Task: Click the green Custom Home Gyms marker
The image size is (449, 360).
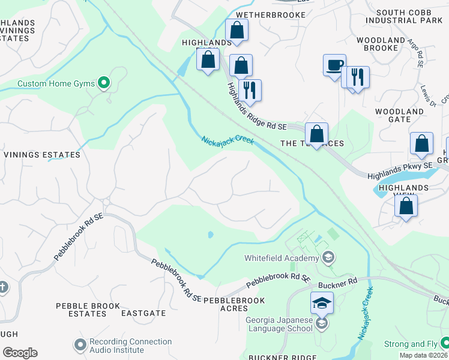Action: point(104,83)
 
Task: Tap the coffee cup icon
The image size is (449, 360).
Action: point(334,65)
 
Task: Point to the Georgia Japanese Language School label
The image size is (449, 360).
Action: point(280,325)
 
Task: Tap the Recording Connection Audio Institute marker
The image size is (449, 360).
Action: point(80,346)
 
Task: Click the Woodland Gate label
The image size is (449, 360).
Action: point(399,116)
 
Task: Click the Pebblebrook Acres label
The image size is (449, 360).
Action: point(234,304)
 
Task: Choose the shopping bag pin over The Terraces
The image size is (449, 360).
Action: point(316,133)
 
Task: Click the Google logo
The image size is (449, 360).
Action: point(20,353)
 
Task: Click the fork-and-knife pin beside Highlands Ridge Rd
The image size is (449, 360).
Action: point(250,90)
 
